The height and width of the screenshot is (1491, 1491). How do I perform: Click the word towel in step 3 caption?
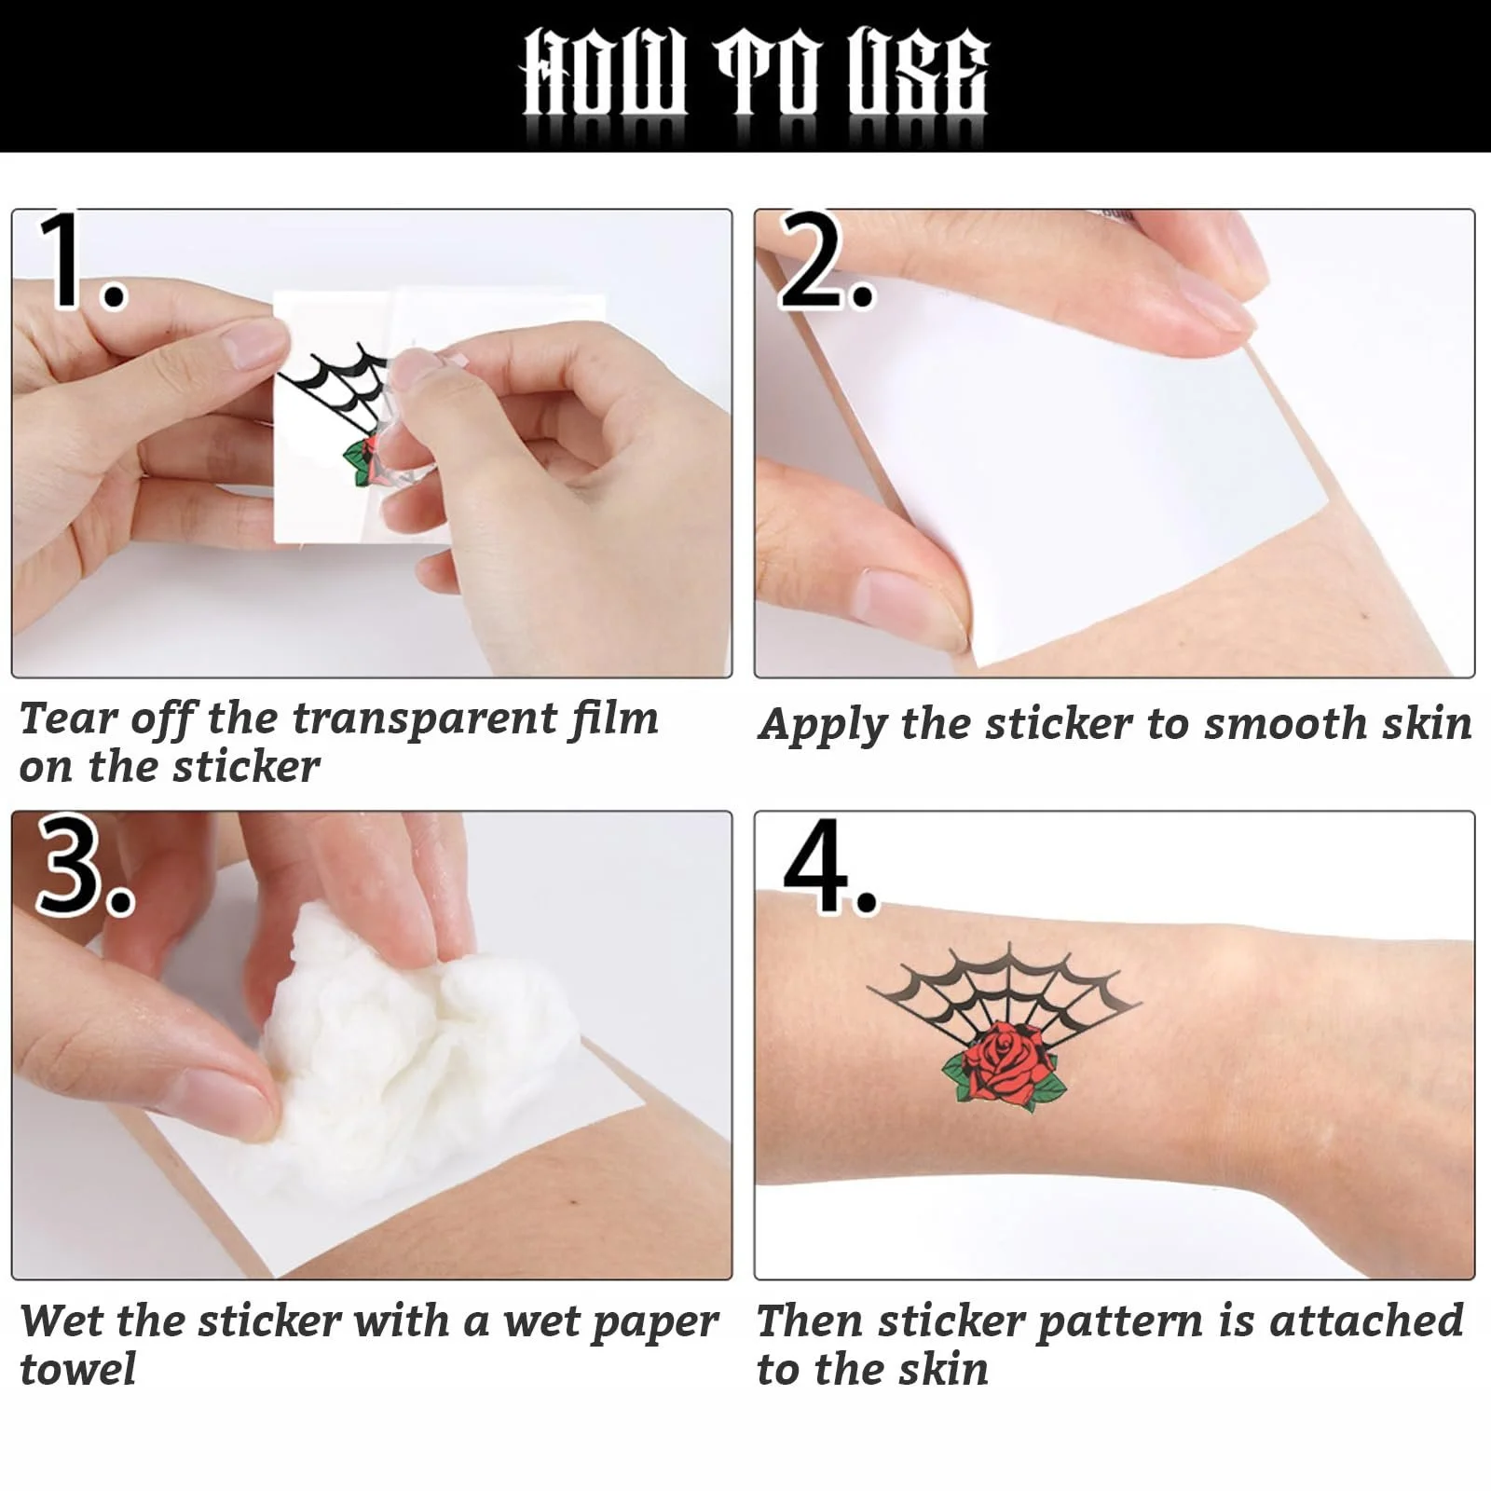[78, 1370]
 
